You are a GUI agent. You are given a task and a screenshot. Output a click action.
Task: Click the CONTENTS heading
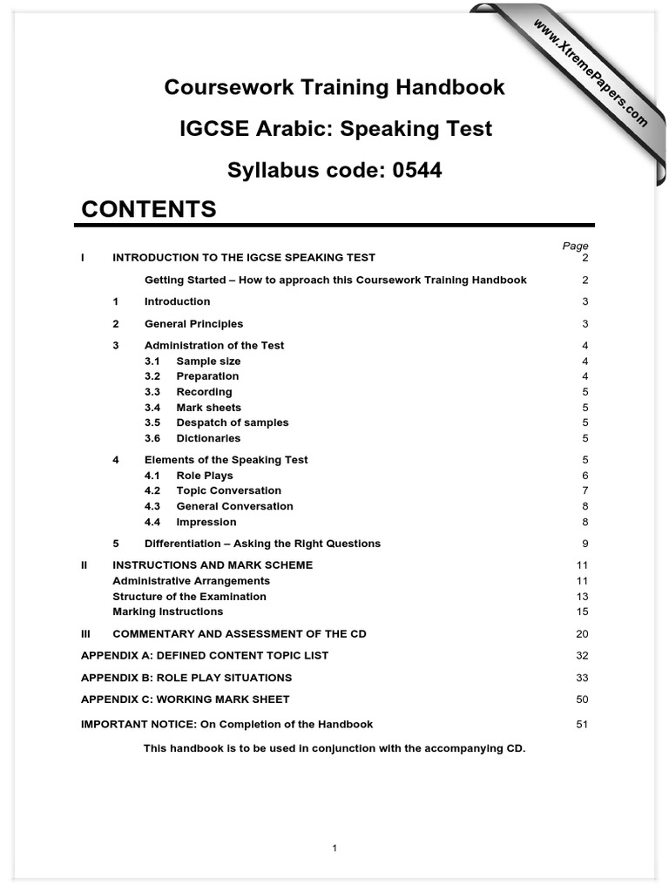click(148, 210)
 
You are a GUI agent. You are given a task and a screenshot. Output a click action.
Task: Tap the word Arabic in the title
click(293, 129)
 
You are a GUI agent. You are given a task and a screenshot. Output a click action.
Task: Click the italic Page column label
click(575, 247)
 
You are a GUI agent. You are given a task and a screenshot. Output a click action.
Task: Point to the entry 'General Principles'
click(193, 324)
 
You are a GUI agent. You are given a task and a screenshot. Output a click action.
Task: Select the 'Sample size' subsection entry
click(208, 362)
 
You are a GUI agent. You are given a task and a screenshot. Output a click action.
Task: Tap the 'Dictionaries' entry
click(208, 438)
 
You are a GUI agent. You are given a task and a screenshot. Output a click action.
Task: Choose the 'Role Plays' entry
click(205, 476)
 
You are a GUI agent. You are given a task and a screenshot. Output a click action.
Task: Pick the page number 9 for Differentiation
click(585, 544)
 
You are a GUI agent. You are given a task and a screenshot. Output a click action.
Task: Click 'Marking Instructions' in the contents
click(167, 612)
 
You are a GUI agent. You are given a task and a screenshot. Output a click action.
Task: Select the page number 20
click(582, 634)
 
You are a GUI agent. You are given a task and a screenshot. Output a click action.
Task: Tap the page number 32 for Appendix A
click(582, 656)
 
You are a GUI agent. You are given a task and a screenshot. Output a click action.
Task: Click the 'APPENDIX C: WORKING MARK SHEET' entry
click(185, 699)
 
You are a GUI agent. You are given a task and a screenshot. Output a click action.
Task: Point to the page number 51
click(582, 725)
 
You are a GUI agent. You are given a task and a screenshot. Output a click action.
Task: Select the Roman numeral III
click(85, 634)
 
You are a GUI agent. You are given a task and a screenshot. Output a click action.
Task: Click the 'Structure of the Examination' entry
click(189, 597)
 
